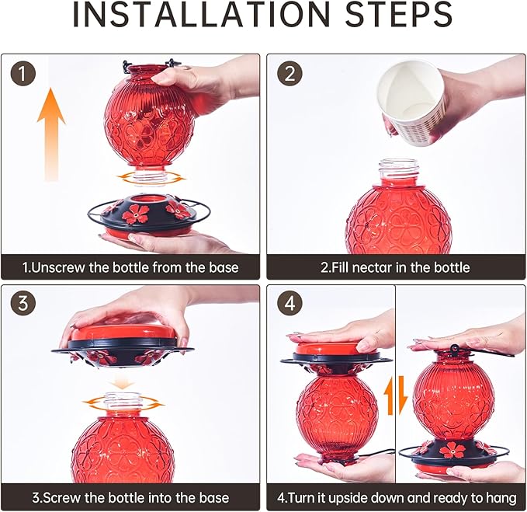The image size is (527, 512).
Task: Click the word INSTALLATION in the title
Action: click(x=201, y=14)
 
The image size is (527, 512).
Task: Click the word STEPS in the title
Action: click(x=399, y=14)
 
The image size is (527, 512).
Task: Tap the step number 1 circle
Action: click(x=23, y=73)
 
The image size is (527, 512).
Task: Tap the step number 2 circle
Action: click(x=290, y=73)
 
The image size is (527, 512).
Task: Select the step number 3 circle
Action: click(x=23, y=304)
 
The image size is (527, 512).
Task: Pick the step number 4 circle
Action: click(x=290, y=304)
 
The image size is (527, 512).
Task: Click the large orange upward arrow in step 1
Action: click(x=51, y=134)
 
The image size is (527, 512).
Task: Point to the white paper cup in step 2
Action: click(x=411, y=103)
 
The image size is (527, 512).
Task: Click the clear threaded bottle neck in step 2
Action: click(x=399, y=171)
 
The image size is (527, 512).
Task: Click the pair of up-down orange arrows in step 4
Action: click(x=396, y=395)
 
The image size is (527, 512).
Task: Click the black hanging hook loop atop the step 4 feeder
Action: click(x=454, y=348)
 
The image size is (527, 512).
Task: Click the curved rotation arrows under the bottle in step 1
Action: click(x=151, y=177)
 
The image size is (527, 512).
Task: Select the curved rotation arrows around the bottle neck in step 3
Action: click(x=123, y=402)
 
